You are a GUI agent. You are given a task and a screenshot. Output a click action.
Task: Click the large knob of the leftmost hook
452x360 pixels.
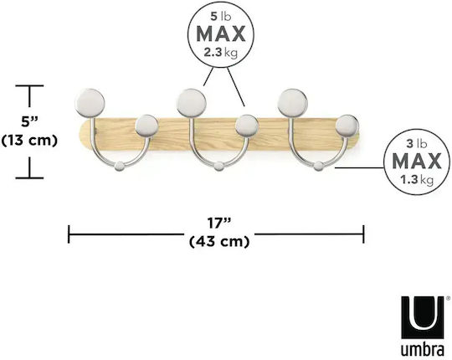click(90, 103)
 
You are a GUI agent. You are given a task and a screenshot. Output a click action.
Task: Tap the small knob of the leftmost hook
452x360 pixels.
click(146, 126)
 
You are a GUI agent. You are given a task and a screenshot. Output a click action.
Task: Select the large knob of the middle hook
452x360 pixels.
click(192, 103)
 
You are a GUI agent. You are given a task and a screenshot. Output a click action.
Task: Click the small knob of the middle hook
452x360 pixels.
click(247, 126)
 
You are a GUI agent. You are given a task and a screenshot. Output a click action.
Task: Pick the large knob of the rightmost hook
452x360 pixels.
click(293, 103)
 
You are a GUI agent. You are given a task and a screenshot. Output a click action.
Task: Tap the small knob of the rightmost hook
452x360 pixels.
click(347, 126)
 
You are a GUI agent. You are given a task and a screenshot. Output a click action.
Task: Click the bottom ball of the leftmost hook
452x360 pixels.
click(120, 167)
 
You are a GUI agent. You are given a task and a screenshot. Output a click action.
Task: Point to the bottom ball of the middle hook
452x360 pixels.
click(218, 167)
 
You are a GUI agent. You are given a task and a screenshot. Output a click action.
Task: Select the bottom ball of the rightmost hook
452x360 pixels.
click(319, 167)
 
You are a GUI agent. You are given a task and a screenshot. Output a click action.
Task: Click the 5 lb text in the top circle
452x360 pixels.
click(221, 17)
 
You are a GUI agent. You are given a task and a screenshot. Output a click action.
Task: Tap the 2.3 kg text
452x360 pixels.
click(221, 53)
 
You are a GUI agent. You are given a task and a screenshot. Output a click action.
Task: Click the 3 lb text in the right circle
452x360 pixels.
click(417, 143)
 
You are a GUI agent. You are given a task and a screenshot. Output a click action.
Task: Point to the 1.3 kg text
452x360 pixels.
click(417, 180)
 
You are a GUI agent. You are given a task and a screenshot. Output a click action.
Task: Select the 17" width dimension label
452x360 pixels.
click(219, 223)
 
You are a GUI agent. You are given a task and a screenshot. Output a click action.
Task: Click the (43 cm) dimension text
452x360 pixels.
click(219, 241)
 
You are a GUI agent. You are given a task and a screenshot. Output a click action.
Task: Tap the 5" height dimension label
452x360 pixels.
click(29, 122)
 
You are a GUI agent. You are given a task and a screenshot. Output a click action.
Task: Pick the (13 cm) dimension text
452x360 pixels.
click(29, 141)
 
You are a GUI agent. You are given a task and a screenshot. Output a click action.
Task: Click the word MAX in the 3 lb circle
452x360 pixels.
click(417, 161)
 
